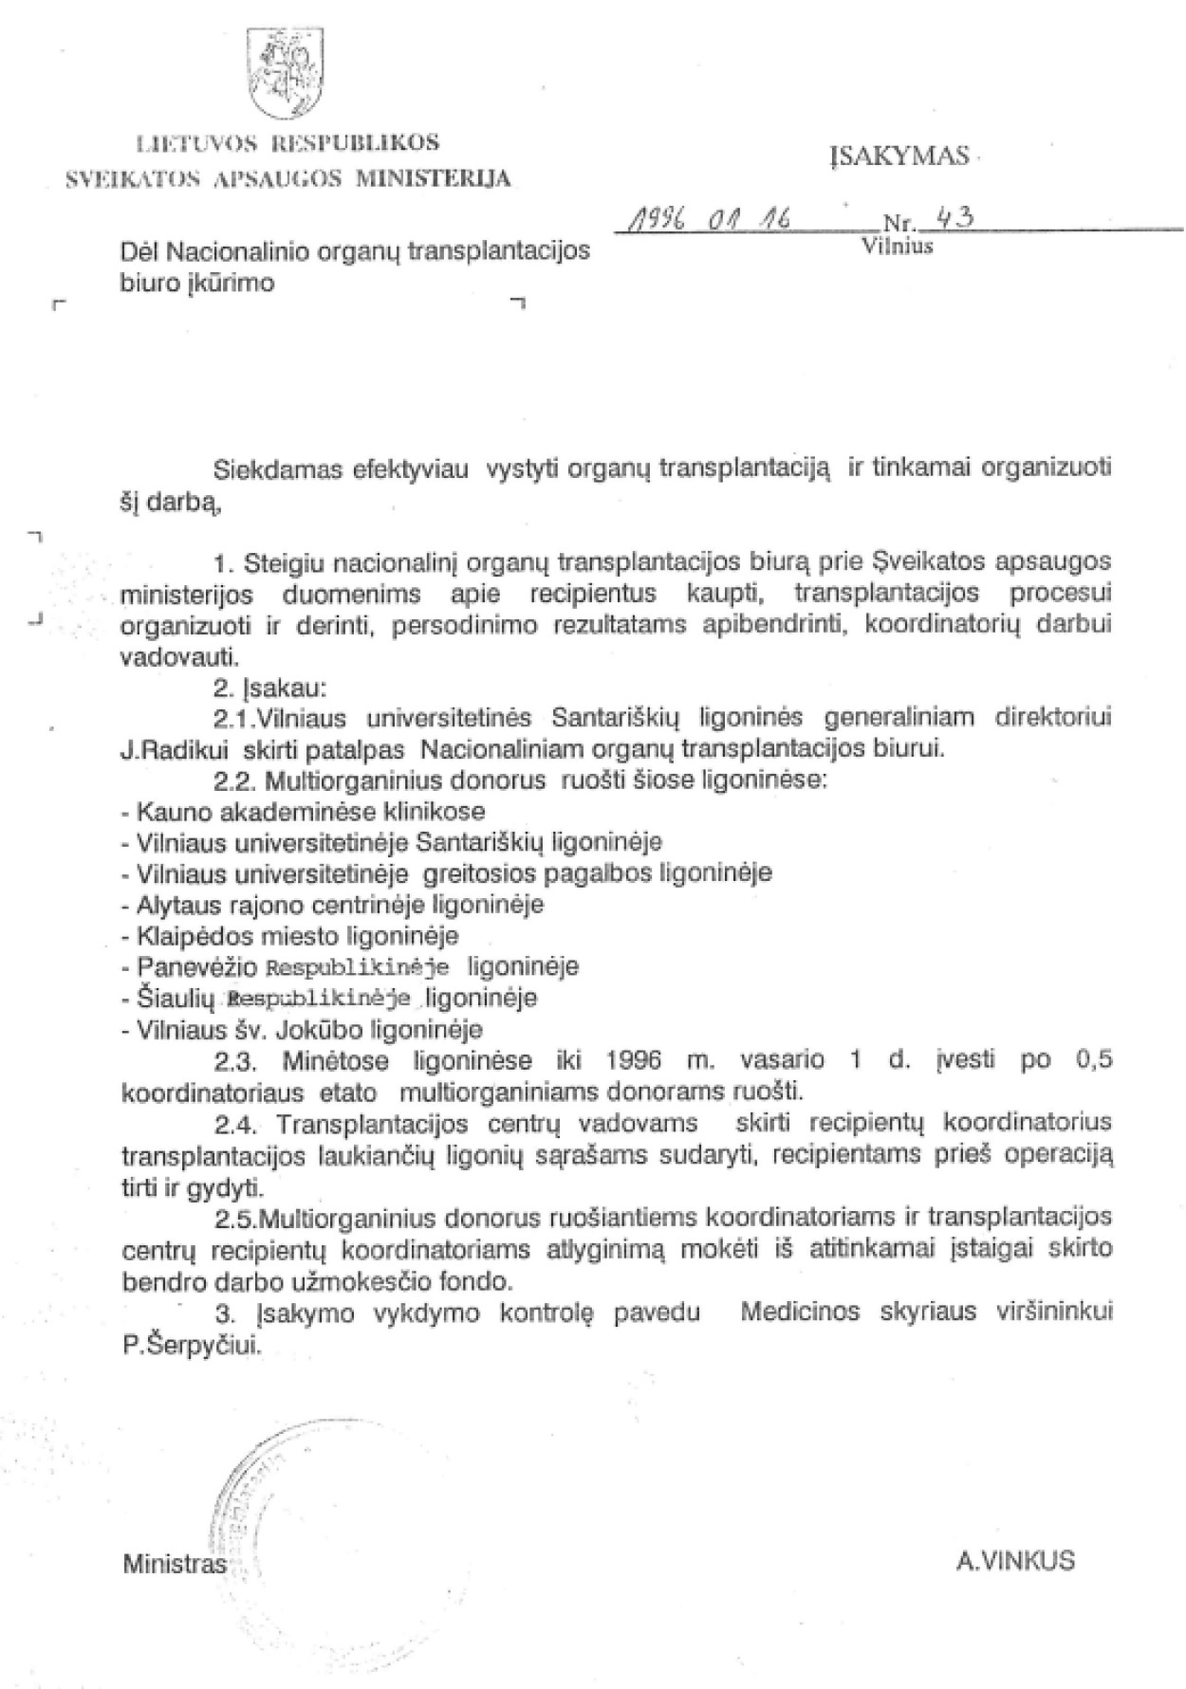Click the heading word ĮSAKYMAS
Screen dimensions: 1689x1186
900,156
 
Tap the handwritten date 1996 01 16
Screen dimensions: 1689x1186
707,221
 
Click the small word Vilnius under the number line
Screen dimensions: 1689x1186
897,247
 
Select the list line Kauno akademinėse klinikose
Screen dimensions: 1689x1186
304,811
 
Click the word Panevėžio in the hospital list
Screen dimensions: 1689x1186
196,966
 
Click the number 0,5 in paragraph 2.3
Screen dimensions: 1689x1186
1092,1060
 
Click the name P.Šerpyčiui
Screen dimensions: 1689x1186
191,1345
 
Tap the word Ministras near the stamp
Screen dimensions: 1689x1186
175,1563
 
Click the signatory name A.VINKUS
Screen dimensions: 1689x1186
1015,1561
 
